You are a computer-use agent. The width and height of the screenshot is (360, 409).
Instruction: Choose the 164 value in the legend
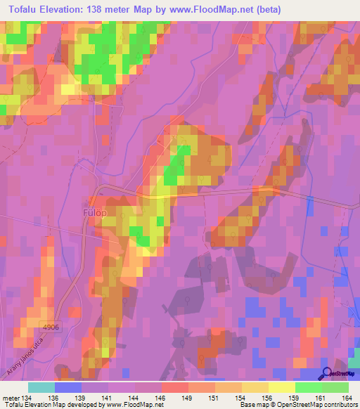point(347,398)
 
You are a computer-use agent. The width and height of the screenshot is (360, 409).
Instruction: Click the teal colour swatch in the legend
point(41,387)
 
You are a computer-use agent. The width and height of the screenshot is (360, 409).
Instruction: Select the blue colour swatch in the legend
point(68,387)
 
